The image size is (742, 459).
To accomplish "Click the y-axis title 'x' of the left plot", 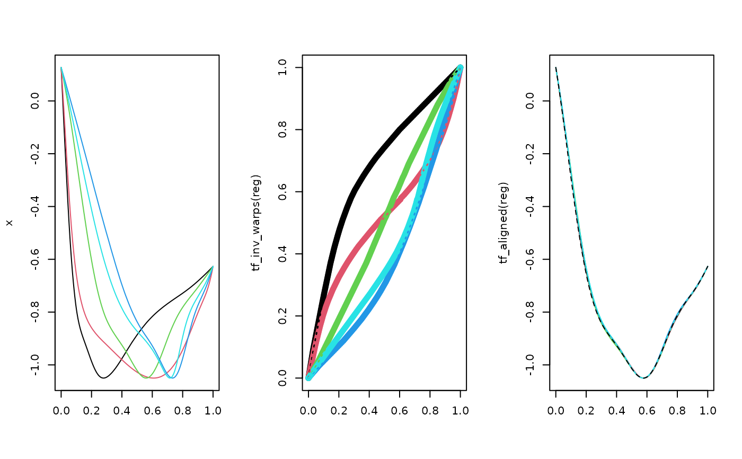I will [x=9, y=223].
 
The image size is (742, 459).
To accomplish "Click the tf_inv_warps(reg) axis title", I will [x=257, y=223].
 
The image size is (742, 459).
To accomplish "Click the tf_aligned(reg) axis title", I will [x=504, y=223].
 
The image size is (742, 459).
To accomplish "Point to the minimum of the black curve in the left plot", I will [x=103, y=378].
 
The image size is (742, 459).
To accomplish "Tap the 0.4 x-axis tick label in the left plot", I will [x=122, y=410].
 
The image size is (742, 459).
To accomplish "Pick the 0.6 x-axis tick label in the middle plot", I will [x=400, y=410].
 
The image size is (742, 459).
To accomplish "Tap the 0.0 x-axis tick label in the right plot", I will [x=556, y=410].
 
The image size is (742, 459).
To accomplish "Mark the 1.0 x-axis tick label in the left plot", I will [x=213, y=410].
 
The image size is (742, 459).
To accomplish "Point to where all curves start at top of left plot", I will [x=61, y=68].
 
